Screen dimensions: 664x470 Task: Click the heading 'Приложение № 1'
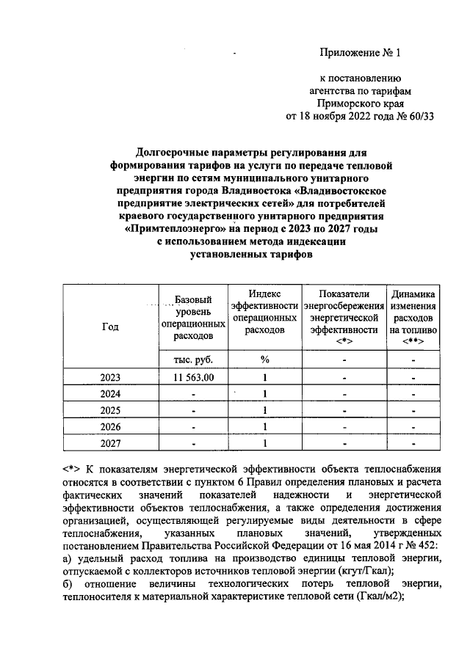(x=361, y=52)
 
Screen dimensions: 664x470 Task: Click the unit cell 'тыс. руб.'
(x=193, y=360)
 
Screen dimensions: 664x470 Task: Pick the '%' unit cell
(x=264, y=360)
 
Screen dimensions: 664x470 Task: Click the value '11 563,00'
(x=193, y=377)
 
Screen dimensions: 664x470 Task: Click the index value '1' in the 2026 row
(x=264, y=427)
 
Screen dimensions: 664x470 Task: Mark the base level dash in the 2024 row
(x=193, y=394)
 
